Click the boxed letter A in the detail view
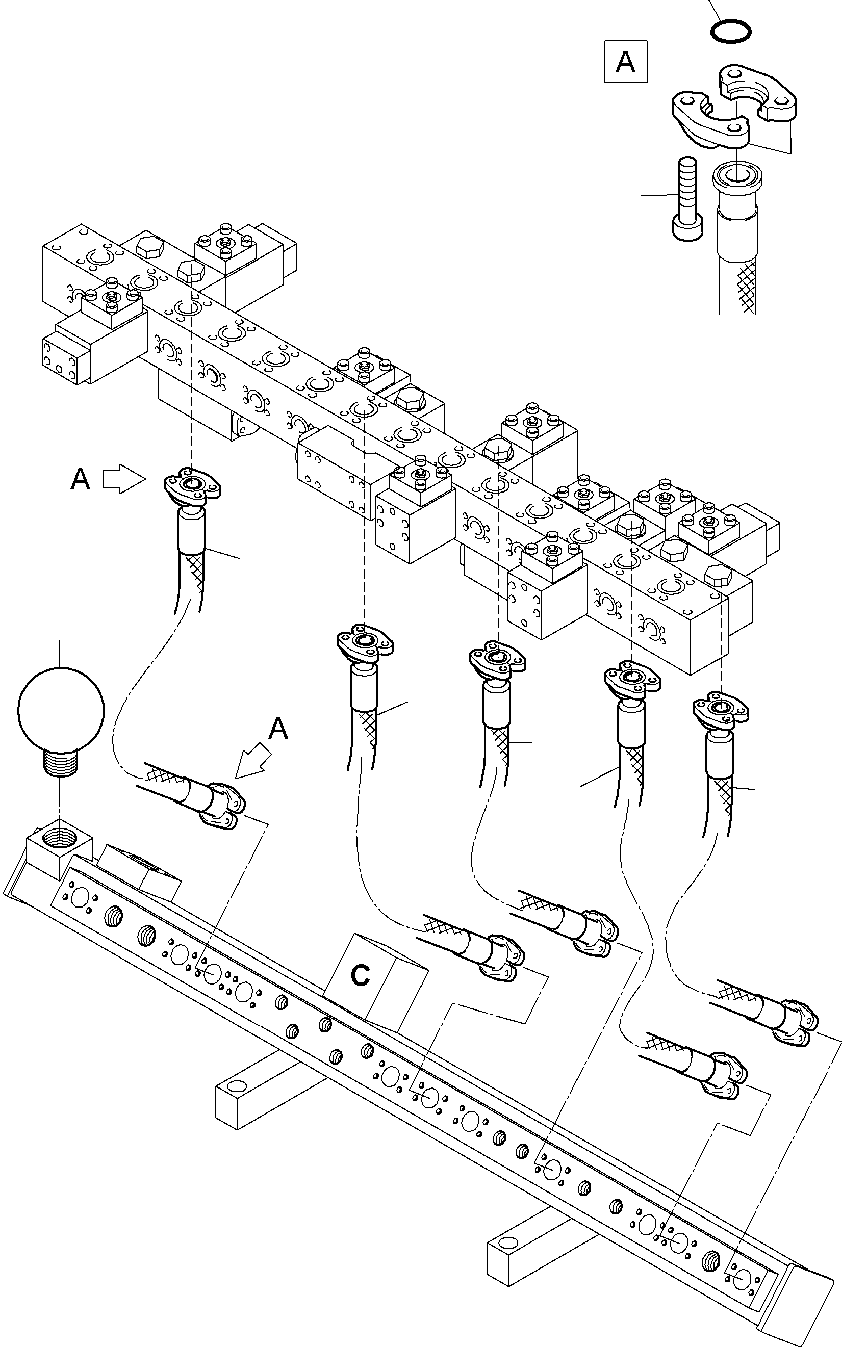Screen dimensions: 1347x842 coord(625,62)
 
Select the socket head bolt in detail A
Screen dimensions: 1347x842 coord(687,199)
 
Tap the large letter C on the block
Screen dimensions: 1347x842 coord(360,975)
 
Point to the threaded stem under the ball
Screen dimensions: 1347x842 coord(61,760)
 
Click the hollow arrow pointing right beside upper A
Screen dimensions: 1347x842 coord(123,479)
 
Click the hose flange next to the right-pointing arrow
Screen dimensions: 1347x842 coord(192,485)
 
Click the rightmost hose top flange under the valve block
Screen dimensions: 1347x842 coord(721,710)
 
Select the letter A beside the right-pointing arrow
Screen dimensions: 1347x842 coord(80,479)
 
